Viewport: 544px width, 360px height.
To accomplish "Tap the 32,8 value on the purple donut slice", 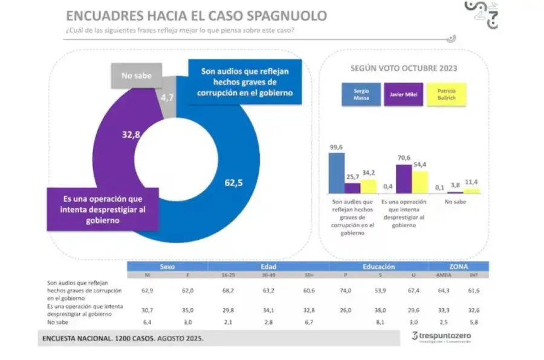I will tap(131, 135).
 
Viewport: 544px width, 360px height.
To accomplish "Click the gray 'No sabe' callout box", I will tap(136, 76).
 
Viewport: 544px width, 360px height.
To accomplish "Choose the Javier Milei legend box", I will tap(403, 94).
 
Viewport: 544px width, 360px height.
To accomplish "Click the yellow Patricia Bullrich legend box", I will tap(446, 94).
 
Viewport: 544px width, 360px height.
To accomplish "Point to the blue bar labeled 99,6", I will tap(337, 173).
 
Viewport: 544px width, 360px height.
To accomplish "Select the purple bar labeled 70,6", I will tap(404, 179).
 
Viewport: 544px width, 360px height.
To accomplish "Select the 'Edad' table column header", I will tap(268, 266).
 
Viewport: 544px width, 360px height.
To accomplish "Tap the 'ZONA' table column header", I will tap(459, 266).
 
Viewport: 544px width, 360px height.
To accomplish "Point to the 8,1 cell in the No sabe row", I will tap(381, 323).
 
